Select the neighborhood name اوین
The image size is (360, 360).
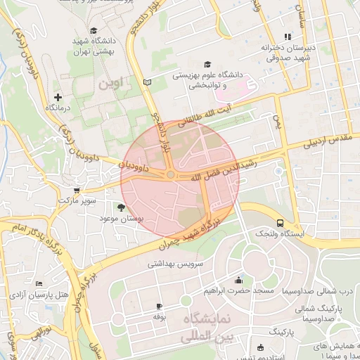point(110,83)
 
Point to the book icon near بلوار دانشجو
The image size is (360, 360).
point(147,83)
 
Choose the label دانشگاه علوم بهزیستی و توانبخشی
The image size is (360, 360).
point(207,79)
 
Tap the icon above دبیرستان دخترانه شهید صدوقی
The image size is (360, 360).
point(287,37)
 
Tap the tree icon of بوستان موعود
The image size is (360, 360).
point(122,207)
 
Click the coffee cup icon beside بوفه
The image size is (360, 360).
point(159,306)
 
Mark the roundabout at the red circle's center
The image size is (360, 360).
point(170,174)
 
